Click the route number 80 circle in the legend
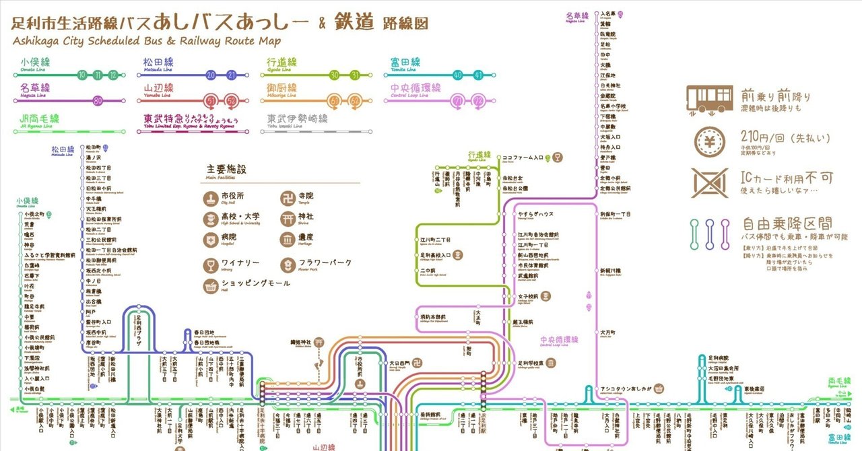click(x=98, y=101)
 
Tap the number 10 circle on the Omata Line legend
click(x=82, y=75)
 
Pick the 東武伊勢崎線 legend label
click(x=297, y=118)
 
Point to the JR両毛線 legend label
click(x=35, y=118)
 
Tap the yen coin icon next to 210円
click(x=710, y=142)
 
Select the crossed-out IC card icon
click(x=710, y=182)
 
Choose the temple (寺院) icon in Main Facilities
click(x=288, y=197)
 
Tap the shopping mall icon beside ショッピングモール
click(x=211, y=285)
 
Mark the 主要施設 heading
click(x=227, y=170)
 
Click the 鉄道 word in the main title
click(x=353, y=22)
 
